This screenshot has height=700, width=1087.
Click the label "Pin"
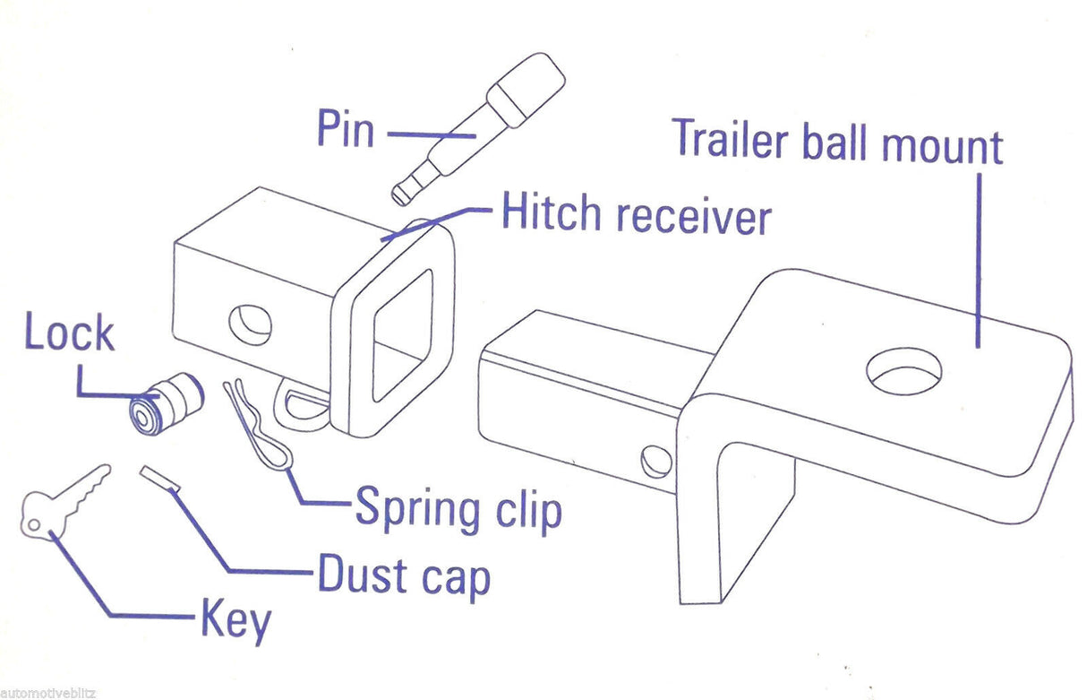click(x=345, y=129)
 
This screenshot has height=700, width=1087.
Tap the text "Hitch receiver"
click(x=635, y=215)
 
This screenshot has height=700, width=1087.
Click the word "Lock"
click(x=69, y=333)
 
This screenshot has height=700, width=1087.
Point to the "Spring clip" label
click(x=458, y=508)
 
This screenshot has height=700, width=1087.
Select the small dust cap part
click(x=161, y=477)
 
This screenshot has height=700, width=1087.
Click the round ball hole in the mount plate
click(x=905, y=371)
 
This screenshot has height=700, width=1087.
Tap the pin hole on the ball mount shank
click(x=655, y=459)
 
